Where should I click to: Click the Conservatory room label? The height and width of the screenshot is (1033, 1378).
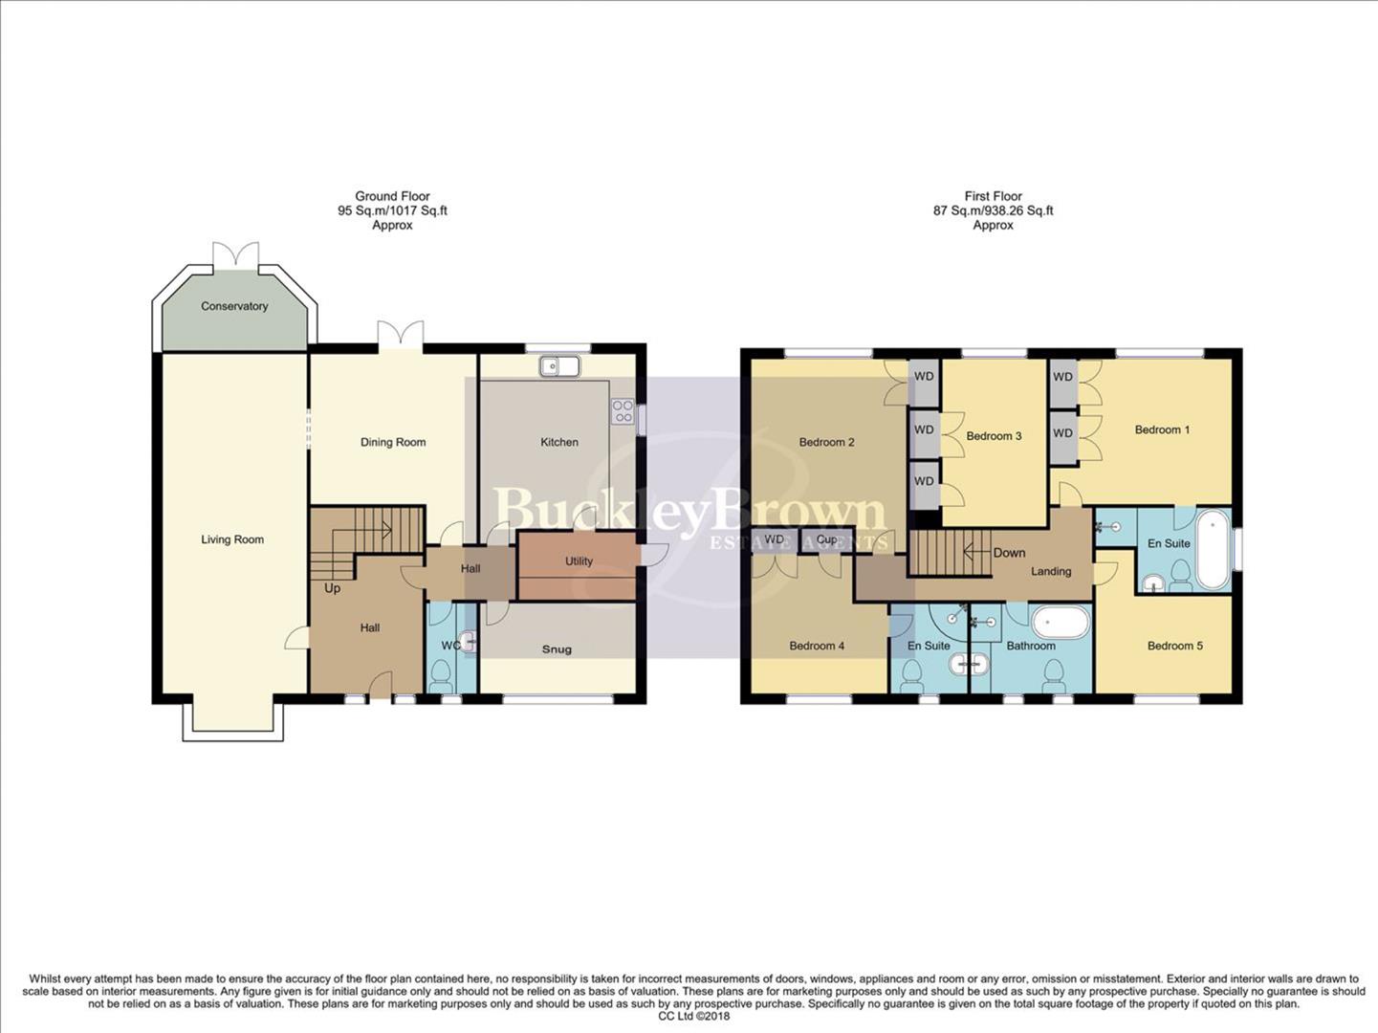click(x=234, y=306)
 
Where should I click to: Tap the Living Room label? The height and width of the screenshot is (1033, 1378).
click(x=232, y=539)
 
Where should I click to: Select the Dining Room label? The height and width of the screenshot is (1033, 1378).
click(x=393, y=442)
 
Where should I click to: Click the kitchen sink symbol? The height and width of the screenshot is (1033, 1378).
click(x=559, y=365)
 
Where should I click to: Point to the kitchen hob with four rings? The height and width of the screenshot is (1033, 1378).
click(x=623, y=411)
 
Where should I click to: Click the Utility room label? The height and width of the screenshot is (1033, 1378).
click(x=579, y=561)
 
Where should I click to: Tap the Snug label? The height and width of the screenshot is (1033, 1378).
click(x=557, y=649)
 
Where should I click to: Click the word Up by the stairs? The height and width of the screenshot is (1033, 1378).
click(x=332, y=588)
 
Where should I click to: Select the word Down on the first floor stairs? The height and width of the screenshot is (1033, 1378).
click(x=1009, y=553)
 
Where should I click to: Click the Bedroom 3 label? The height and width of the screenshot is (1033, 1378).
click(x=994, y=436)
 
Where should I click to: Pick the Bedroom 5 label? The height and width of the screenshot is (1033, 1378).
click(x=1174, y=646)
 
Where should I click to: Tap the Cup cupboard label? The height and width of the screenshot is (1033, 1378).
click(x=826, y=540)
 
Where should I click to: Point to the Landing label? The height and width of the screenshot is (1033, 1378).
click(x=1050, y=571)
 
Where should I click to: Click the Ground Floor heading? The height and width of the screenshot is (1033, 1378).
click(x=392, y=196)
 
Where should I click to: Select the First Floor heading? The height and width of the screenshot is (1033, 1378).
click(x=993, y=196)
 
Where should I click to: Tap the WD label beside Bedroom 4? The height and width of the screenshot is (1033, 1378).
click(x=774, y=540)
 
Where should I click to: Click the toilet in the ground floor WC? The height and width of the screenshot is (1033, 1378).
click(x=441, y=678)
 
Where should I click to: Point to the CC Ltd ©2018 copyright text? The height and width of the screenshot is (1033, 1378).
click(x=693, y=1016)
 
